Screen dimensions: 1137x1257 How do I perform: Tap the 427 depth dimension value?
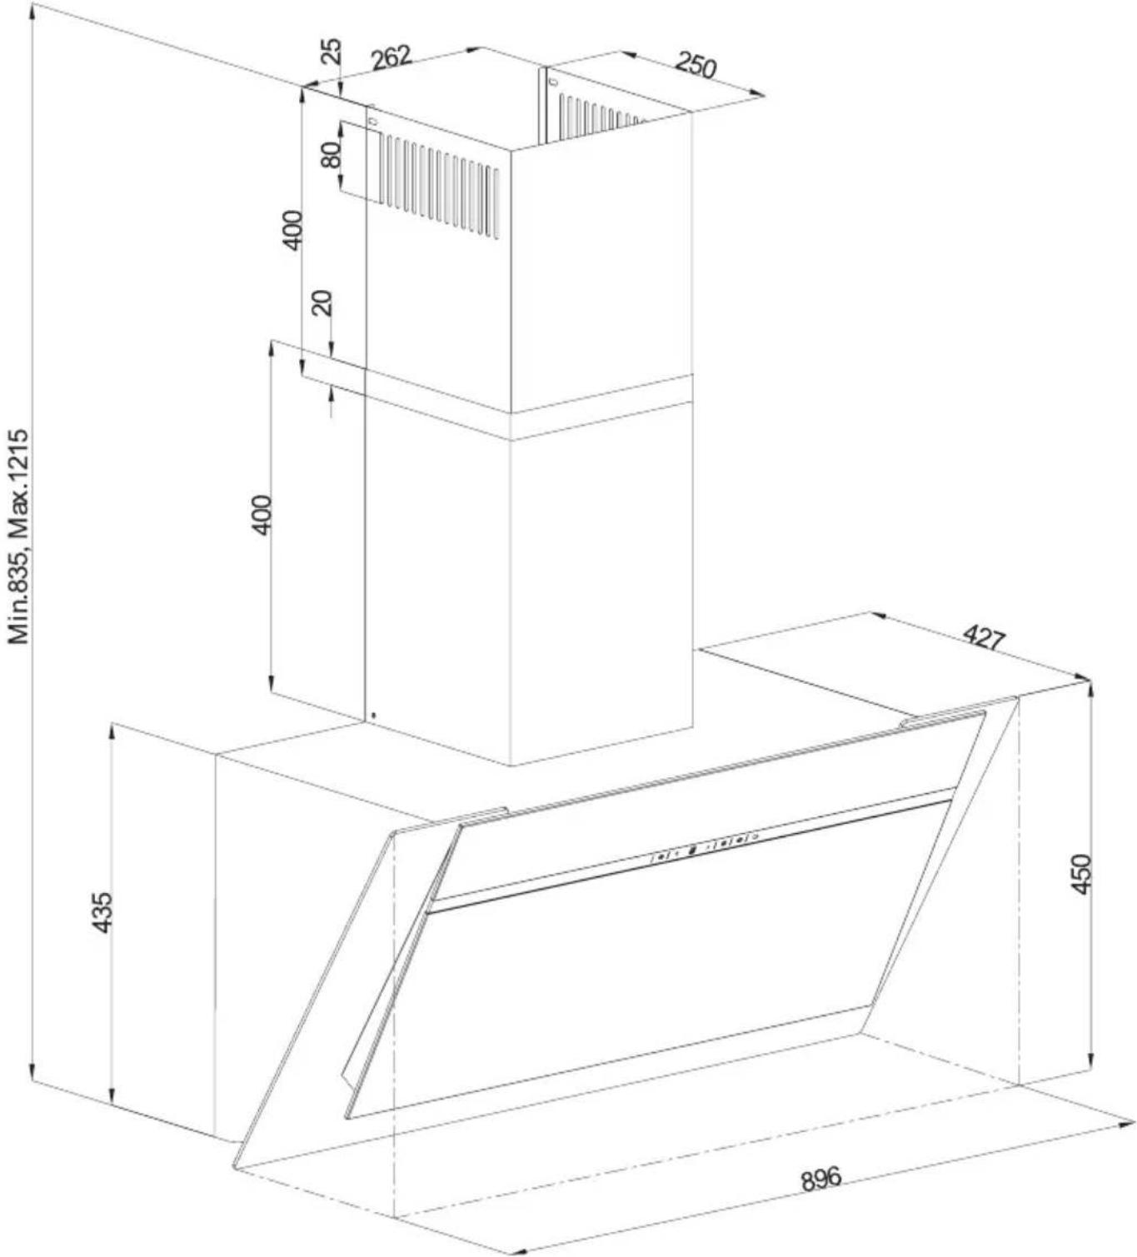[x=984, y=638]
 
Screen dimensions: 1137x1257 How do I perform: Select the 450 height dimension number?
[x=1080, y=874]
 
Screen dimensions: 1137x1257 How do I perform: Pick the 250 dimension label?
[x=695, y=65]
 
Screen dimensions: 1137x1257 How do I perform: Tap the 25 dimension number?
[x=332, y=51]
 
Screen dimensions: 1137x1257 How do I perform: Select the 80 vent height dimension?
[x=331, y=154]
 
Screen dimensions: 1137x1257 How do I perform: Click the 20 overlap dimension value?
[x=322, y=304]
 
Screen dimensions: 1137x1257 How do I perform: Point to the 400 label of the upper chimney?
[x=292, y=230]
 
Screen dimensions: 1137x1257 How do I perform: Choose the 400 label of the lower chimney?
[x=262, y=515]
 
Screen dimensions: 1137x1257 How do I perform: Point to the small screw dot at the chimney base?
[x=373, y=716]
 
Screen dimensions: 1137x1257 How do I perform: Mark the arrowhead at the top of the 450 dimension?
[x=1091, y=689]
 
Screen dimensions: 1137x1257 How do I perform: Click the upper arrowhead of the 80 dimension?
[x=341, y=129]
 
